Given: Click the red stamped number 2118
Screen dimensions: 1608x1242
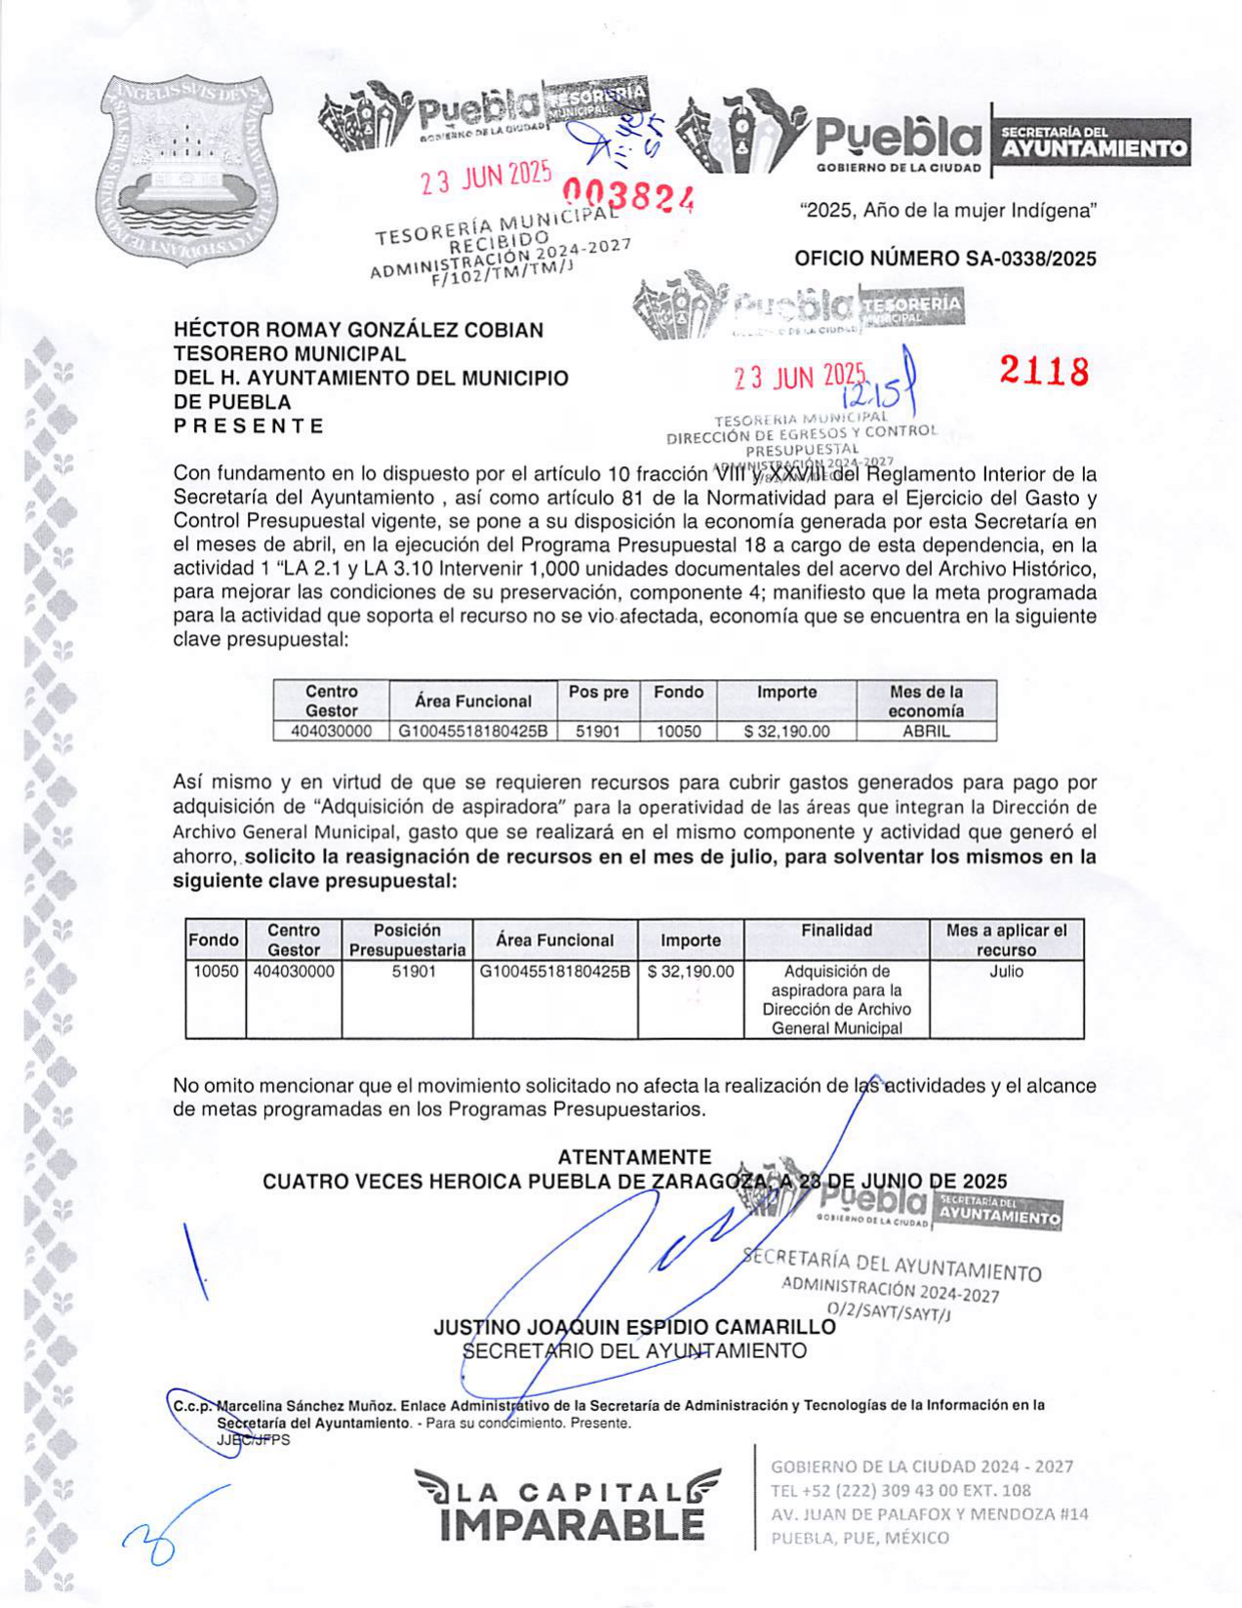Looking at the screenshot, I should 1043,371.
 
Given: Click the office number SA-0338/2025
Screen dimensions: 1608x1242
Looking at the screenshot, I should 944,259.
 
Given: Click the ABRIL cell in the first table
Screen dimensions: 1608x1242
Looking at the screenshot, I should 926,731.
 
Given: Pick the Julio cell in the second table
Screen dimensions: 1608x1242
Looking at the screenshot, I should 1006,972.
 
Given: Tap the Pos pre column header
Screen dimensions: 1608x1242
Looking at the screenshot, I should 598,692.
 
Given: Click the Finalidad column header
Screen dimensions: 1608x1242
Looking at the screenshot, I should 836,930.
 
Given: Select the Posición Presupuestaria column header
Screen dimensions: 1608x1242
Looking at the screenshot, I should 407,940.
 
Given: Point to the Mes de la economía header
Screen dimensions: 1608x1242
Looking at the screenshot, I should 926,701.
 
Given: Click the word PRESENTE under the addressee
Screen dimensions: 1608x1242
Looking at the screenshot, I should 249,425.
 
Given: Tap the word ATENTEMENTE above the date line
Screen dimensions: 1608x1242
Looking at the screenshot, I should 634,1157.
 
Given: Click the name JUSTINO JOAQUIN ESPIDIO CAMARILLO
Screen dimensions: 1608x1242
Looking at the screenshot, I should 634,1327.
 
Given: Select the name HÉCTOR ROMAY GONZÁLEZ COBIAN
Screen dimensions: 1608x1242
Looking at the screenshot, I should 358,330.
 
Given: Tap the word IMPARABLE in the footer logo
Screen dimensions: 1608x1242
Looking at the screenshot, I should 572,1524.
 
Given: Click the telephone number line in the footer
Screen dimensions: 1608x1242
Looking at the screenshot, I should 901,1490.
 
